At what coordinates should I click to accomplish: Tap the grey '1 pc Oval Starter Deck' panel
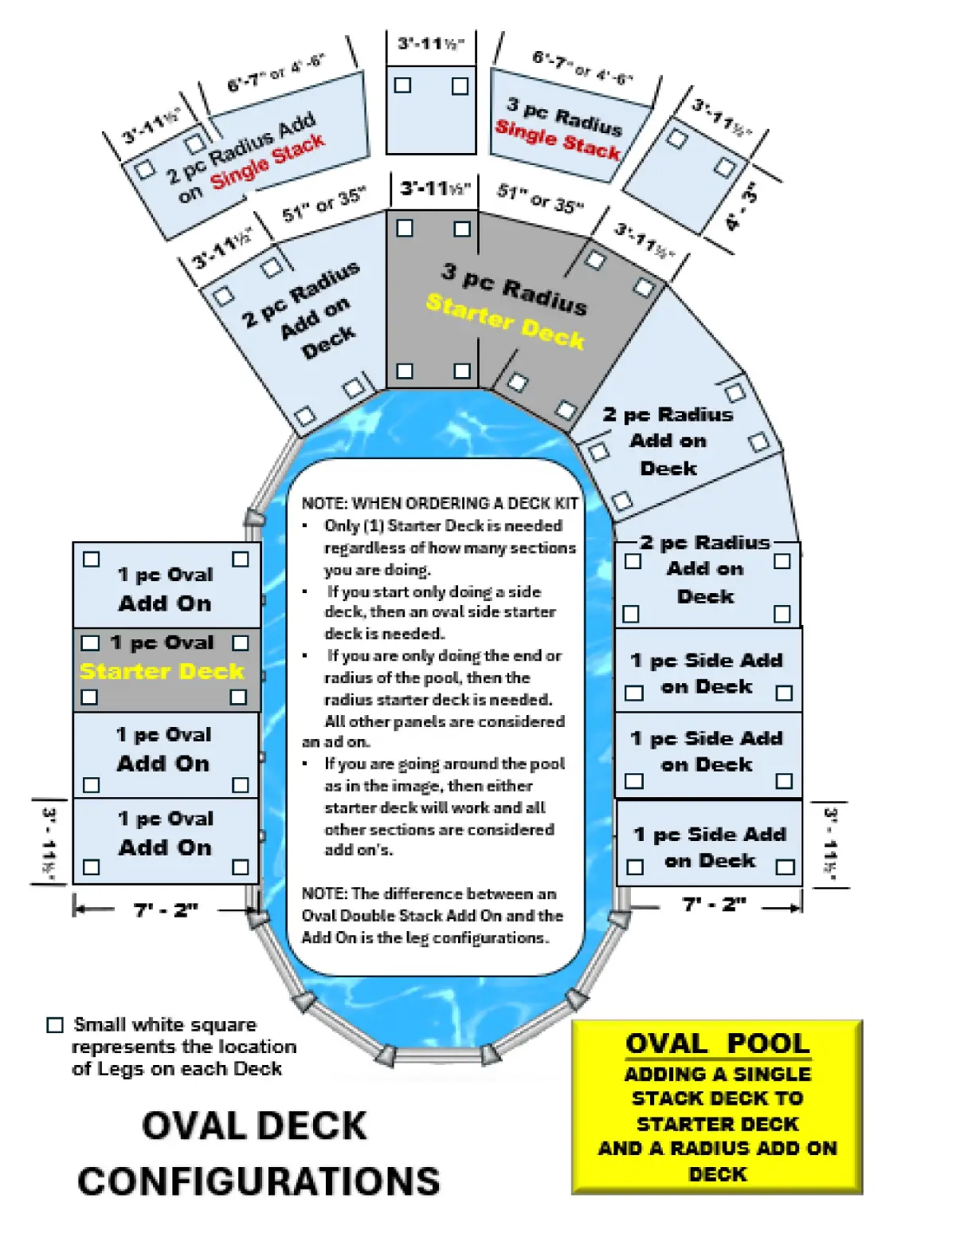[x=167, y=670]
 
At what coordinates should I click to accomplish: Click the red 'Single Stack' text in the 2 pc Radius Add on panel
[x=268, y=162]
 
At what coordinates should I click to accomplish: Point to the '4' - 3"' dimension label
[x=742, y=206]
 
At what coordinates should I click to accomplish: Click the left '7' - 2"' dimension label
[x=166, y=910]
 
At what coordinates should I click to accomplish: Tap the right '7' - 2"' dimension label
[x=714, y=905]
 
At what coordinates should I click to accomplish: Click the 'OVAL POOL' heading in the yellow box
[x=717, y=1043]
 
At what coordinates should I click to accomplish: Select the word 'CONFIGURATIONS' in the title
[x=259, y=1181]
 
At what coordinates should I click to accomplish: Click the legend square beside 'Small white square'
[x=55, y=1025]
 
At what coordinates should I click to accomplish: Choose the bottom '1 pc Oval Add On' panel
[x=166, y=841]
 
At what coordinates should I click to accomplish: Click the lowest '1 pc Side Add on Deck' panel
[x=709, y=847]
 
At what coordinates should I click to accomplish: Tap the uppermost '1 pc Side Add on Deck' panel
[x=707, y=672]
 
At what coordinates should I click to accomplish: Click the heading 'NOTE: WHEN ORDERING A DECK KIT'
[x=440, y=504]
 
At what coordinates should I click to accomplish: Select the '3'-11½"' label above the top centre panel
[x=431, y=43]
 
